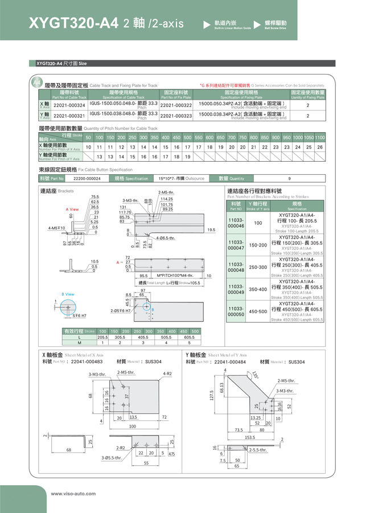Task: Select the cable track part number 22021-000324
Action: pyautogui.click(x=69, y=105)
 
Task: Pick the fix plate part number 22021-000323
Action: pyautogui.click(x=176, y=116)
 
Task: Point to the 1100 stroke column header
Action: pyautogui.click(x=320, y=138)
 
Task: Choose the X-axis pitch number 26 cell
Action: pyautogui.click(x=320, y=147)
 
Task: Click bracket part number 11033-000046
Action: pyautogui.click(x=236, y=223)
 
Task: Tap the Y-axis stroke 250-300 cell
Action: pyautogui.click(x=258, y=267)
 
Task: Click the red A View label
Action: pyautogui.click(x=72, y=210)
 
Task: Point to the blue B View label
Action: pyautogui.click(x=68, y=294)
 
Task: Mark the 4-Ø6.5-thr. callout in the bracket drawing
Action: pyautogui.click(x=165, y=237)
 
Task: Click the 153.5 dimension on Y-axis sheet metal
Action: pyautogui.click(x=250, y=438)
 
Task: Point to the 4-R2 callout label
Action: pyautogui.click(x=167, y=374)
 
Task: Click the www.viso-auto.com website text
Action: pyautogui.click(x=73, y=493)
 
